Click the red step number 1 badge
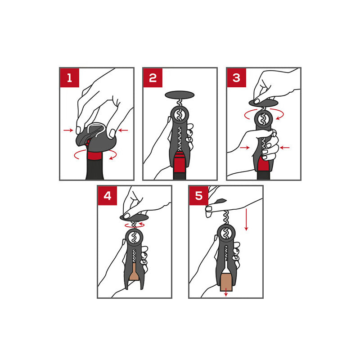[x=70, y=77]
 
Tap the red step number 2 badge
[x=153, y=77]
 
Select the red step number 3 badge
[x=237, y=77]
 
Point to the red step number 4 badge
[x=108, y=196]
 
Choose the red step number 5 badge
[x=199, y=196]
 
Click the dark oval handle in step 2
[x=180, y=95]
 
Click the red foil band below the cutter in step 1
[x=94, y=156]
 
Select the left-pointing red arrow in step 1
[x=123, y=130]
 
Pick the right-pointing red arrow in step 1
[x=68, y=130]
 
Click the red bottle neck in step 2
[x=179, y=162]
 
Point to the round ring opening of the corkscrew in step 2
[x=180, y=115]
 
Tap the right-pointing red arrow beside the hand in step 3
[x=245, y=148]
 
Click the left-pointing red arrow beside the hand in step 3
[x=285, y=148]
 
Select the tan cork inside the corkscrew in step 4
[x=134, y=273]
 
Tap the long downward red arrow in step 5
[x=246, y=220]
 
